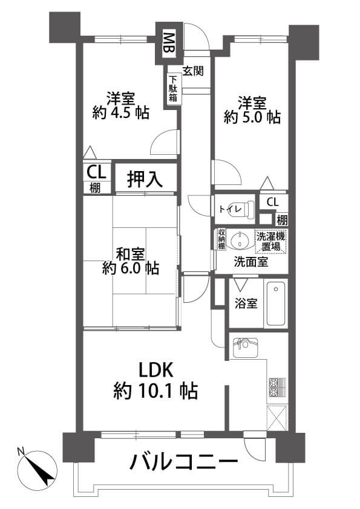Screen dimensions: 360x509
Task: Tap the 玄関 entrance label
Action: point(194,71)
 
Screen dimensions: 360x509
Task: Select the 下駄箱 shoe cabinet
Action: point(173,89)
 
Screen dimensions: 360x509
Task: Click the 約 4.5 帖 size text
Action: point(120,112)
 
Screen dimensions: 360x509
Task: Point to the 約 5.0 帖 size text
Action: point(252,117)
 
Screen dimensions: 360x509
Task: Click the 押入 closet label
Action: point(145,179)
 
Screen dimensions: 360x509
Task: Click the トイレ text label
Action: point(230,209)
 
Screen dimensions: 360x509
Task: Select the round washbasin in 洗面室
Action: point(239,240)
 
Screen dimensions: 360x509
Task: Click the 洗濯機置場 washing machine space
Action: point(271,241)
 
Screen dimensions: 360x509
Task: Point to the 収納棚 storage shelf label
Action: point(221,239)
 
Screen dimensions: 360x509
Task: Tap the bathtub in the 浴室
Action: point(276,303)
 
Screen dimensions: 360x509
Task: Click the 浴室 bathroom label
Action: point(246,303)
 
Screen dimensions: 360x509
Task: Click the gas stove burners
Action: point(277,387)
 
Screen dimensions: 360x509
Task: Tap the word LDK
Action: point(155,370)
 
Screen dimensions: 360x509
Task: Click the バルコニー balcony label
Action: point(184,461)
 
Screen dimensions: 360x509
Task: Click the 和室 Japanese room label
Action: point(131,254)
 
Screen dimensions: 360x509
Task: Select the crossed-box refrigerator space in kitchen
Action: point(277,418)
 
